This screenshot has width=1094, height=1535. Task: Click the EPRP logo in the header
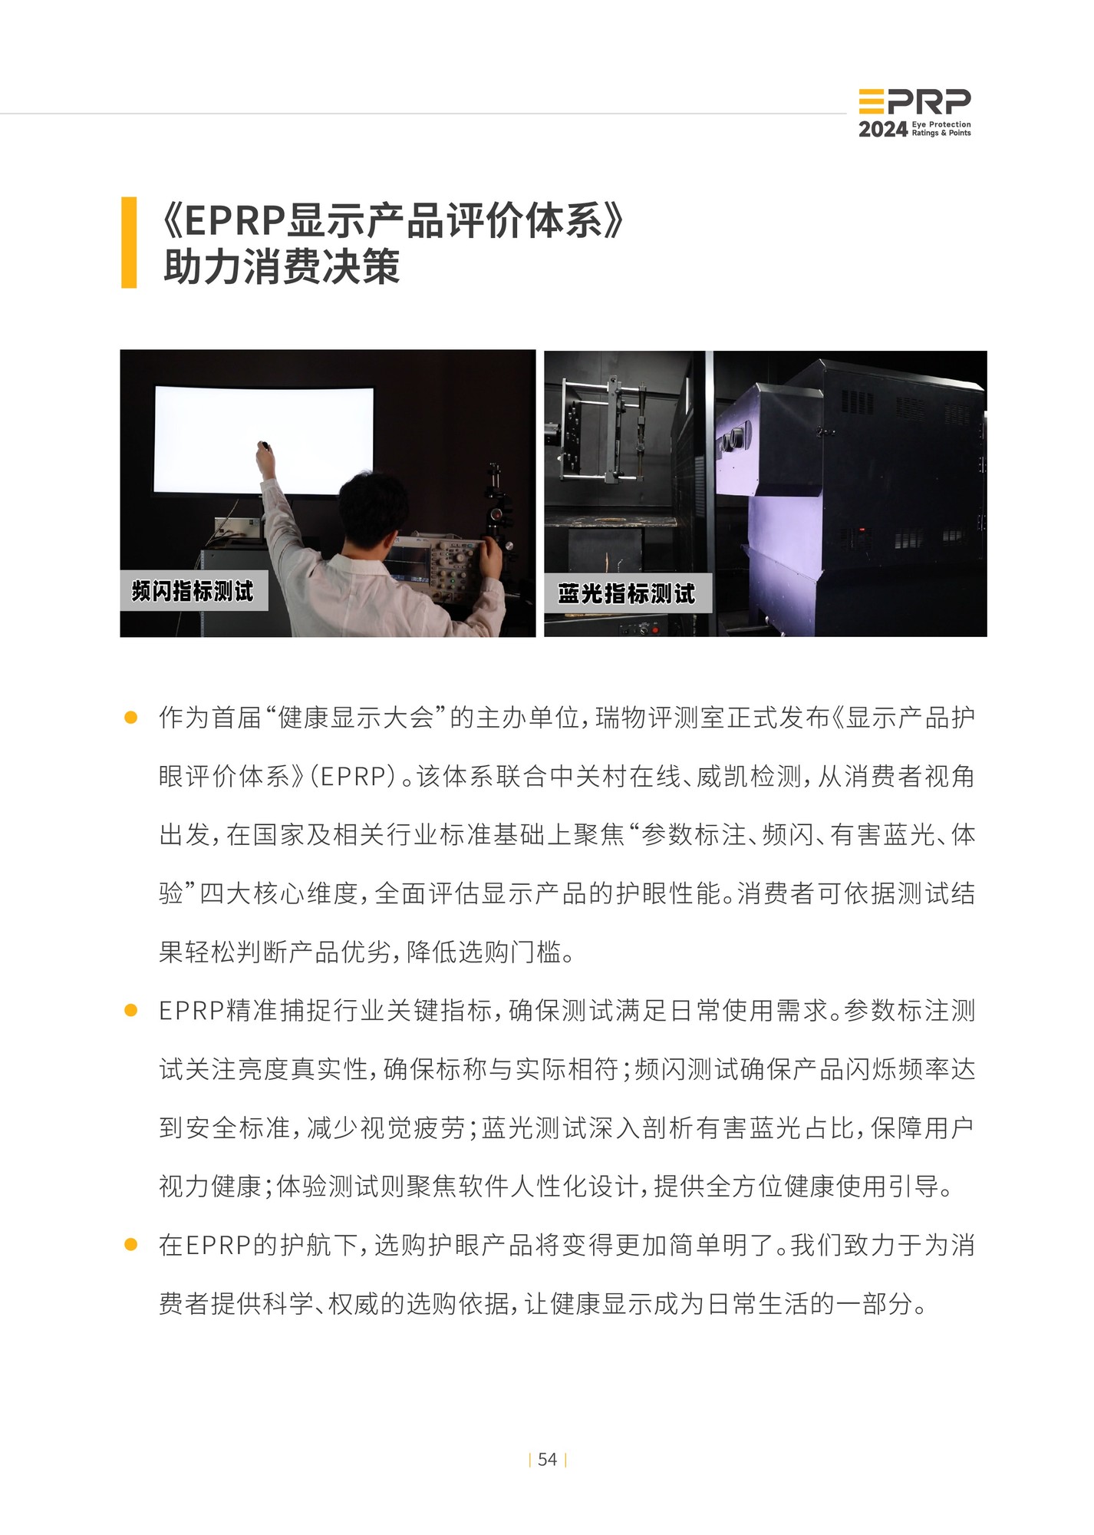(x=914, y=101)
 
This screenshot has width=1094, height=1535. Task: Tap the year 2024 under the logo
(x=883, y=130)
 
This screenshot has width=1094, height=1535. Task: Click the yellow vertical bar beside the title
(x=129, y=243)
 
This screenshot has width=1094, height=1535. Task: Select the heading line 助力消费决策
(x=282, y=268)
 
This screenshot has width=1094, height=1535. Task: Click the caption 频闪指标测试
(x=193, y=591)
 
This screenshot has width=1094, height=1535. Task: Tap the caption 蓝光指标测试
(x=626, y=593)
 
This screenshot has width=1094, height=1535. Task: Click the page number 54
(x=547, y=1459)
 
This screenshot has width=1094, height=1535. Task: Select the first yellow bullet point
(x=130, y=718)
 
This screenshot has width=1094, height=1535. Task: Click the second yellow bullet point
(x=130, y=1011)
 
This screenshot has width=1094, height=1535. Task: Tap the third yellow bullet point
(x=130, y=1245)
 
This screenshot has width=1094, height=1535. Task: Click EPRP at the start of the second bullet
(x=191, y=1011)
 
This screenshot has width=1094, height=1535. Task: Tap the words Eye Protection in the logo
(x=941, y=124)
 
